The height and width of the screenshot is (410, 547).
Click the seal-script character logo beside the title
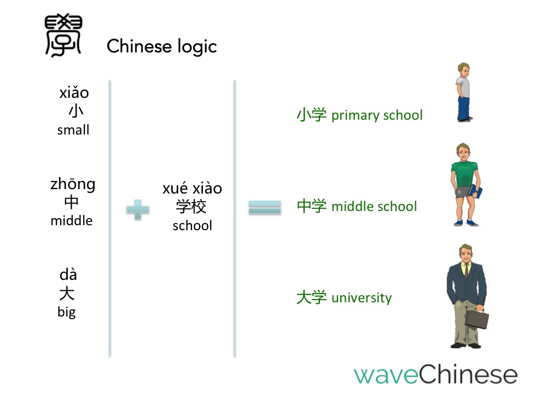(63, 35)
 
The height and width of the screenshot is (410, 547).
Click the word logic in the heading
(197, 46)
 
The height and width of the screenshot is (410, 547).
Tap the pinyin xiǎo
(74, 92)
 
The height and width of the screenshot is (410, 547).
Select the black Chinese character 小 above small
(75, 111)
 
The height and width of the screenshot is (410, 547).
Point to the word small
(73, 130)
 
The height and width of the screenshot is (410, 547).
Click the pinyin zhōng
(73, 184)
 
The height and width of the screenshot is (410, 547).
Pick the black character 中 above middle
(72, 202)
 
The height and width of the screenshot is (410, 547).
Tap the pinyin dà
(68, 275)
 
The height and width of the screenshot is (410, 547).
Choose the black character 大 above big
(67, 293)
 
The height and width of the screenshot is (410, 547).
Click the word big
(67, 312)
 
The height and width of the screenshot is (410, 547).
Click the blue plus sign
(138, 209)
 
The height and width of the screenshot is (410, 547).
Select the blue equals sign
(265, 207)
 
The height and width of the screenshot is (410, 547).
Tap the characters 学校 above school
(191, 207)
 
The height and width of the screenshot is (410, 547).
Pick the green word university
(362, 298)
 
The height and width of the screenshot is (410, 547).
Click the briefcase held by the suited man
(477, 319)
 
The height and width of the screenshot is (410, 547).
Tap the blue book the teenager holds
(476, 191)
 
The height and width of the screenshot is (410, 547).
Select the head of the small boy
(464, 70)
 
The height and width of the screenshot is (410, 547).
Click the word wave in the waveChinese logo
(386, 375)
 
